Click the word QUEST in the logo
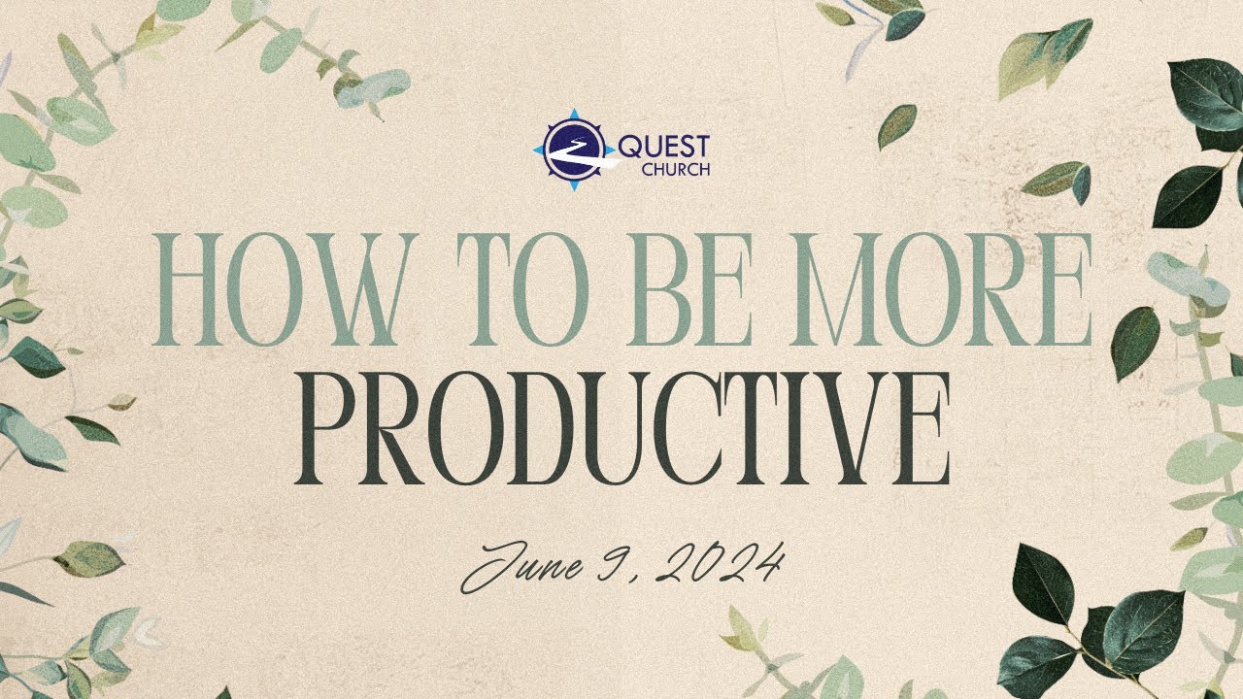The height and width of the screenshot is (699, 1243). (x=663, y=147)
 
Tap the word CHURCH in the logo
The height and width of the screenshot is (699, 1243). (x=676, y=169)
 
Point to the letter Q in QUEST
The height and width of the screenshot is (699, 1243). (x=628, y=148)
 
